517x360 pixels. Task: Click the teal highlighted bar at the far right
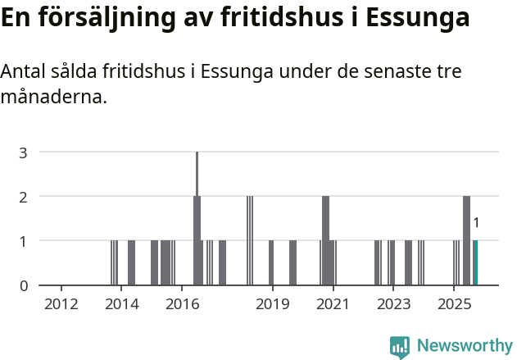tap(475, 262)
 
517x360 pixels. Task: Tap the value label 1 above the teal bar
tap(476, 222)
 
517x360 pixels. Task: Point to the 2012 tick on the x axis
tap(61, 304)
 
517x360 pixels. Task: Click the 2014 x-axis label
tap(122, 304)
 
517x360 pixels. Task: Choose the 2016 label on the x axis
tap(183, 304)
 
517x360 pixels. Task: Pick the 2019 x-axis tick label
tap(273, 304)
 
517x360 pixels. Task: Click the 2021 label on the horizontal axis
tap(333, 304)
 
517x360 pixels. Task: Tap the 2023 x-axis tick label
tap(392, 304)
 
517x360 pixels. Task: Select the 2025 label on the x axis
tap(453, 304)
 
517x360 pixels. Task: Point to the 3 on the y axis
tap(24, 153)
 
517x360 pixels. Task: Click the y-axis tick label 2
tap(24, 197)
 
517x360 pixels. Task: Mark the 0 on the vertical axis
tap(24, 285)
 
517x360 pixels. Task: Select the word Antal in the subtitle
tap(22, 72)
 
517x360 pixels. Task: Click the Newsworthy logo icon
tap(400, 347)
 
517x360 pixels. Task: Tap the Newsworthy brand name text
tap(465, 346)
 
